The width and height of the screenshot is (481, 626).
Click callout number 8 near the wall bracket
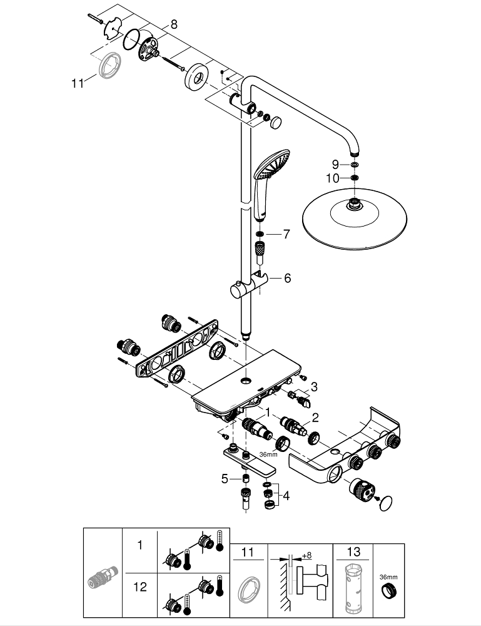point(173,24)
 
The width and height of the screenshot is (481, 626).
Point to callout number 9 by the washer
point(336,164)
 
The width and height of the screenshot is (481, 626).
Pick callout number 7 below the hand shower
point(286,235)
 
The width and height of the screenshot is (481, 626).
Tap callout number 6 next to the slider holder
point(287,278)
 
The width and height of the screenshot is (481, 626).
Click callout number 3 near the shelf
point(315,387)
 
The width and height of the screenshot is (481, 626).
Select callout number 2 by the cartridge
point(315,418)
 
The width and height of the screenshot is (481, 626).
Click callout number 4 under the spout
point(286,496)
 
